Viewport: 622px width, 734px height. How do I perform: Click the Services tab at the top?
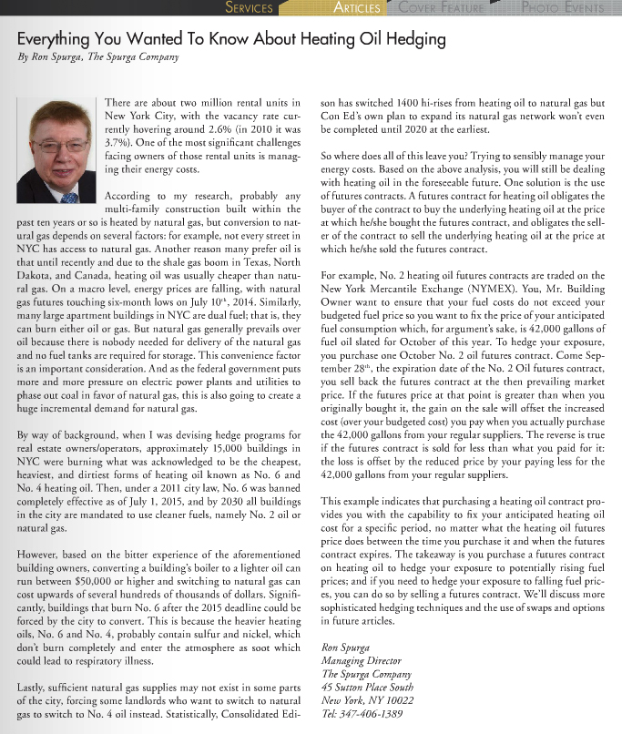coord(249,8)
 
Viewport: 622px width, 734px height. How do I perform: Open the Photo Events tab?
coord(563,8)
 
